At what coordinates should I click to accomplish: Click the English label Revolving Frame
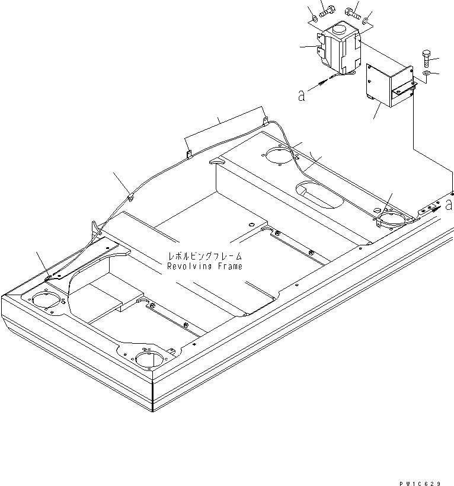pos(204,267)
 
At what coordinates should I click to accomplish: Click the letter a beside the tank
pos(302,95)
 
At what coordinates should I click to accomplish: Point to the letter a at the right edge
pos(449,204)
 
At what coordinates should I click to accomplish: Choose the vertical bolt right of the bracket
pos(428,59)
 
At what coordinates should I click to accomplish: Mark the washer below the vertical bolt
pos(427,74)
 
